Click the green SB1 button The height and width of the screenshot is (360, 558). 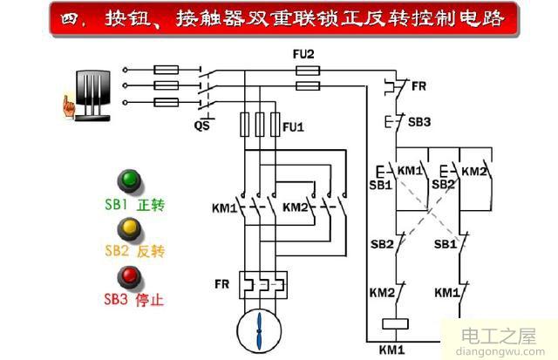pyautogui.click(x=131, y=181)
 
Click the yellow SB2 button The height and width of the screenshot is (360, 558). pyautogui.click(x=131, y=229)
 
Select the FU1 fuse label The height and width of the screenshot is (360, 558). pyautogui.click(x=293, y=126)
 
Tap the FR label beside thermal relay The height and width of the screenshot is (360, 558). pyautogui.click(x=221, y=284)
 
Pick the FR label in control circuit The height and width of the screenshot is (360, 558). pyautogui.click(x=418, y=87)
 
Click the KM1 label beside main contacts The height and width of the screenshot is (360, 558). pyautogui.click(x=224, y=208)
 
